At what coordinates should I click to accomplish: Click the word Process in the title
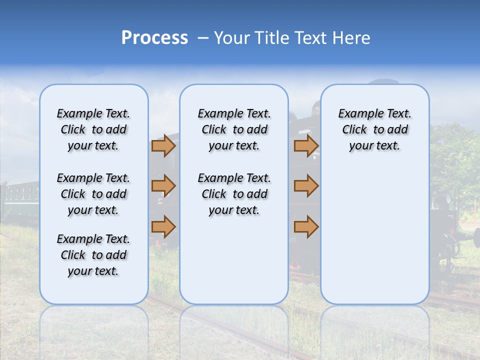(154, 38)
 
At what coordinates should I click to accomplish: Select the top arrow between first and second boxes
(163, 146)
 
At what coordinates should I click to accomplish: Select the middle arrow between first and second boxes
(163, 186)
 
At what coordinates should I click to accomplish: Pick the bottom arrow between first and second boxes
(163, 226)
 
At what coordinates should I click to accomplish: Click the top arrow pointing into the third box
(306, 146)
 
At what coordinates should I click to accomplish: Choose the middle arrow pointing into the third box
(306, 186)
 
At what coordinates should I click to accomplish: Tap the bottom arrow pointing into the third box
(306, 226)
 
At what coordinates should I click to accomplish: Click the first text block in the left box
(93, 129)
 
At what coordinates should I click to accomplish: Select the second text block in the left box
(93, 194)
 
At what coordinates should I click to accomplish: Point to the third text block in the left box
(93, 255)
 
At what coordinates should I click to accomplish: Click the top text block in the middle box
(234, 129)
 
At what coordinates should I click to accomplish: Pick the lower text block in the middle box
(234, 194)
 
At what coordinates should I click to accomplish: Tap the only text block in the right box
(374, 129)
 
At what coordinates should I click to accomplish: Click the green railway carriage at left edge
(20, 200)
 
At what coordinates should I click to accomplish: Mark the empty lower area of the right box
(374, 235)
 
